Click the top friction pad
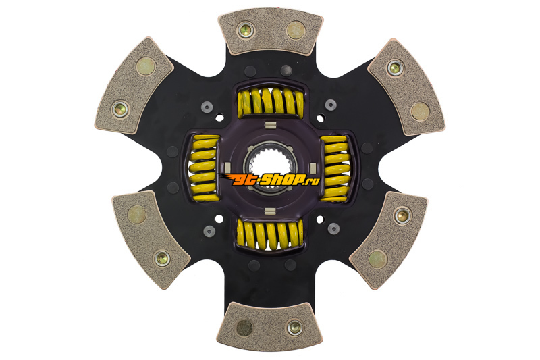click(271, 31)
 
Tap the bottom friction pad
click(269, 327)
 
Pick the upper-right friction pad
click(407, 87)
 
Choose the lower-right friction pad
click(389, 240)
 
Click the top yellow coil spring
click(271, 101)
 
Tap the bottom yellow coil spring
click(271, 235)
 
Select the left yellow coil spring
click(205, 168)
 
